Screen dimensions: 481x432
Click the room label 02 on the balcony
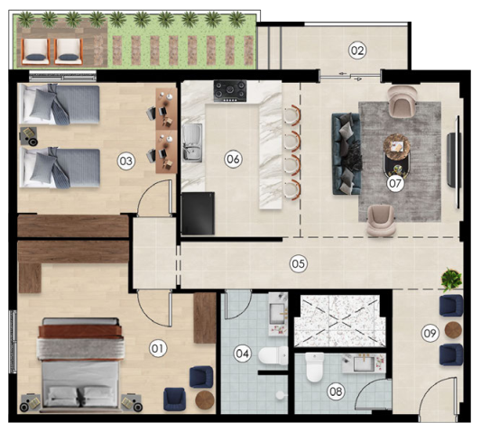357,51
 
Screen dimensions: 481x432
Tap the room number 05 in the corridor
298,263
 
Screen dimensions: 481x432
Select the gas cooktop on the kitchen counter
230,91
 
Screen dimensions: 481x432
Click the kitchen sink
192,142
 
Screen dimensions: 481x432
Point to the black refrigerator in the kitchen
198,214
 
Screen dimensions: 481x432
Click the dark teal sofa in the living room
347,154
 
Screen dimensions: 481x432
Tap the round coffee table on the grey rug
397,146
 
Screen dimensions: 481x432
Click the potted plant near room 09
451,280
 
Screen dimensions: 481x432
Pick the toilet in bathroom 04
273,355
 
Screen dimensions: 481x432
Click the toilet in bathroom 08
315,367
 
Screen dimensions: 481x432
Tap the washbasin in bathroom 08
364,363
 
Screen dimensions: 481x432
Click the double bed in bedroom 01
80,363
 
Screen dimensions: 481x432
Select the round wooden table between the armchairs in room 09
453,330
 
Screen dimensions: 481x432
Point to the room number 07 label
395,183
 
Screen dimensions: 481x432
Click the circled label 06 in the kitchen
233,159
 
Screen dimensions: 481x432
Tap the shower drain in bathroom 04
280,395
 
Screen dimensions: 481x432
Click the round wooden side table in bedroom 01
205,400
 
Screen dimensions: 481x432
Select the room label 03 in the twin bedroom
126,161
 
